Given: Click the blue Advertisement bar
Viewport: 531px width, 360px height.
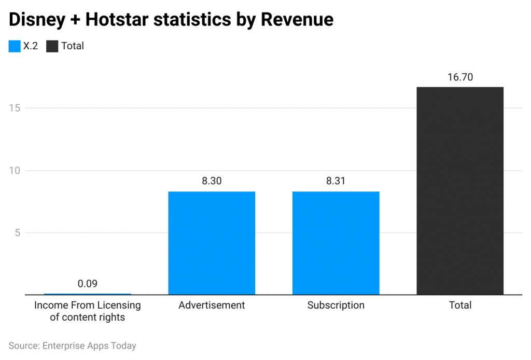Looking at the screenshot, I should [212, 243].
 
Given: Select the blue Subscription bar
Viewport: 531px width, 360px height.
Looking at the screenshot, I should [336, 243].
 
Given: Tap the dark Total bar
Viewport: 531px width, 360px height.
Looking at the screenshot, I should [460, 191].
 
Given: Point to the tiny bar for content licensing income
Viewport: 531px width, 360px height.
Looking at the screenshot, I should [87, 294].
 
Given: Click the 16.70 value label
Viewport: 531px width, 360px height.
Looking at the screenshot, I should [460, 77].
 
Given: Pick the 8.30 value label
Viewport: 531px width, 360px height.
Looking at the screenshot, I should [212, 182].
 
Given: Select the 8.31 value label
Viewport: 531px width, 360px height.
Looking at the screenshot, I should [336, 182].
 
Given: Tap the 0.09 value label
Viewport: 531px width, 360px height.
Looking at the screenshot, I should [87, 284].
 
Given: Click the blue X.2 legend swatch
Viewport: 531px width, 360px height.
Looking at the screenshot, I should [15, 46].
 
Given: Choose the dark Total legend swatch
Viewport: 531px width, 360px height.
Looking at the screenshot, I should [52, 46].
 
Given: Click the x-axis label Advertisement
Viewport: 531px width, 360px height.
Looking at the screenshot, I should [212, 305].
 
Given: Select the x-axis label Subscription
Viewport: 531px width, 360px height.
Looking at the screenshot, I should [336, 305].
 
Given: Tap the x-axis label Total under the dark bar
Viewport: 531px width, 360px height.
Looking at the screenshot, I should [460, 305].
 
